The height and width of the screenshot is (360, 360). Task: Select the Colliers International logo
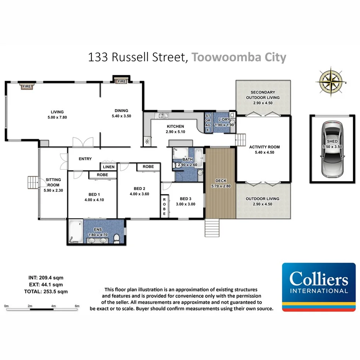[319, 287]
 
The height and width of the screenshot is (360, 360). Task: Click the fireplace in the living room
[26, 87]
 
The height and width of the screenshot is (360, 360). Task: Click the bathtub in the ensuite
[76, 231]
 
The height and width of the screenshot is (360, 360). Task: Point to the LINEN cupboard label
[108, 166]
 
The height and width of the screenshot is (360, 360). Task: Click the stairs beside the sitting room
[32, 182]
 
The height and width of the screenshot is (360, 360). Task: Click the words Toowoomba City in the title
[239, 58]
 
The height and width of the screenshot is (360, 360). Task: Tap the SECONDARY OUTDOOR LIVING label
[263, 95]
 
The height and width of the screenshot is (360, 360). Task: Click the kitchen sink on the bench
[162, 115]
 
